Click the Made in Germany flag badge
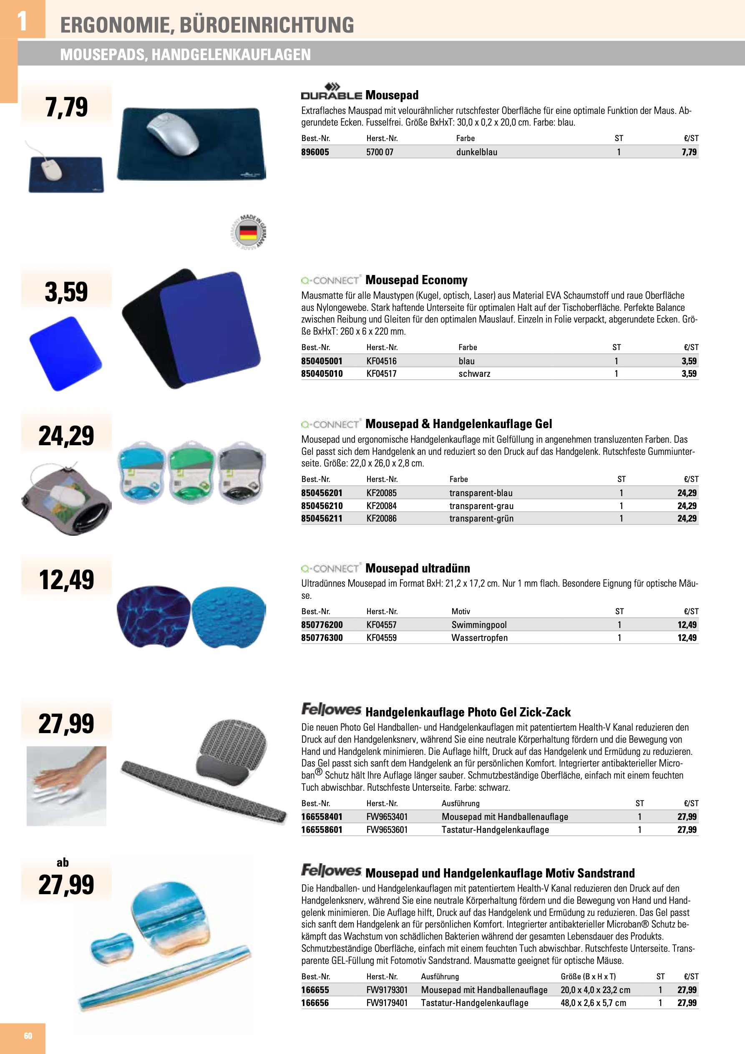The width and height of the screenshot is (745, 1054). [x=248, y=232]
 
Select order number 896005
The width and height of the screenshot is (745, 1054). [x=315, y=152]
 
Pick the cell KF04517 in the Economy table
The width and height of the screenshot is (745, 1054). [x=381, y=374]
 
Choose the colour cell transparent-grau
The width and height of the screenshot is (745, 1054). [x=481, y=506]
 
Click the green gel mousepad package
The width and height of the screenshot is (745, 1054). [x=191, y=472]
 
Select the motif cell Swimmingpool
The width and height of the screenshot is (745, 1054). [x=479, y=625]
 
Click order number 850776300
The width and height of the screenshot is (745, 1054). [x=322, y=638]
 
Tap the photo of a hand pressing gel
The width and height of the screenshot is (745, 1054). [x=67, y=786]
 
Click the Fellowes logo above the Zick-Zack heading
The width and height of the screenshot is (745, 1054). [x=331, y=710]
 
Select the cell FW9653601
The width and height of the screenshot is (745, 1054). [x=387, y=830]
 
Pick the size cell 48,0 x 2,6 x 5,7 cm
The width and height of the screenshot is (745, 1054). [x=593, y=1003]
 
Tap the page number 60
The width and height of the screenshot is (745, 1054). [x=28, y=1036]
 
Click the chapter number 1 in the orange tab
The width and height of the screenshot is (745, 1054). [x=22, y=21]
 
